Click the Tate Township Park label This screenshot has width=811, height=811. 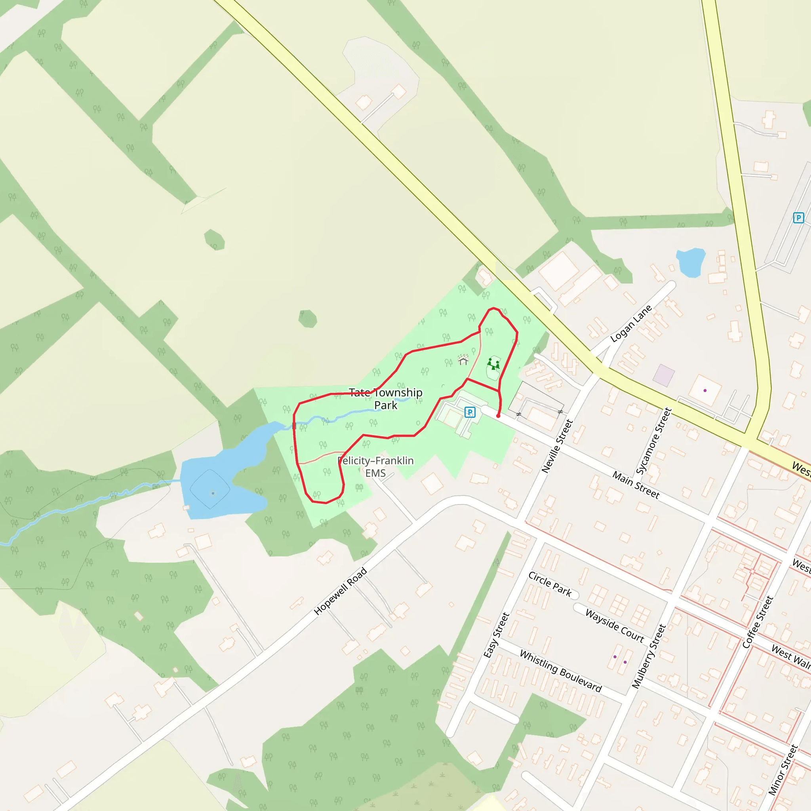(x=385, y=398)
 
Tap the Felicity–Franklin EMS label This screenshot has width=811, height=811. (x=375, y=466)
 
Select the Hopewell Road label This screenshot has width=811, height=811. (x=341, y=591)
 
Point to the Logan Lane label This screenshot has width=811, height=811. (x=630, y=323)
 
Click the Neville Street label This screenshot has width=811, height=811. (x=557, y=446)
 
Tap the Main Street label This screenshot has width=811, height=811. (x=636, y=484)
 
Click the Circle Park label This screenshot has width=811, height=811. (x=550, y=584)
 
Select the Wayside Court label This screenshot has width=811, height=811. (x=614, y=625)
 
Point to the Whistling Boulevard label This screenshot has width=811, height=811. (x=560, y=670)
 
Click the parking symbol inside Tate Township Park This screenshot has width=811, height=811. (x=470, y=412)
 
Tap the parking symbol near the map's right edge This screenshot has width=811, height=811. (x=798, y=218)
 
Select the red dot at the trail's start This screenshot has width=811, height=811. (x=498, y=415)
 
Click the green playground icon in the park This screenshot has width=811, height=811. (x=493, y=364)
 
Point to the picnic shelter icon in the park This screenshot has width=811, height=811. (x=463, y=360)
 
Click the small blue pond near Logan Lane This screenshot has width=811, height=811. (x=691, y=262)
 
